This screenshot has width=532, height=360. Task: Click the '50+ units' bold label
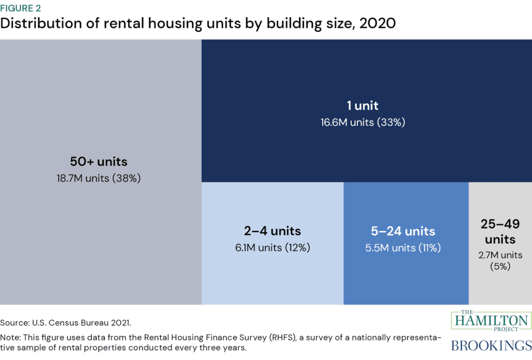point(99,161)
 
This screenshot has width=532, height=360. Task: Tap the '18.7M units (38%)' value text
point(99,178)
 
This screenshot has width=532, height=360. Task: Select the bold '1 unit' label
point(363,106)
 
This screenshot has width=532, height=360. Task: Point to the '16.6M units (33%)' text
point(363,123)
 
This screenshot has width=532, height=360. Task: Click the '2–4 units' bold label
point(272,231)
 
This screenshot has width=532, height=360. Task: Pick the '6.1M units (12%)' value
point(272,248)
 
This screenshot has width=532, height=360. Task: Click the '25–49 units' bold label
point(500,232)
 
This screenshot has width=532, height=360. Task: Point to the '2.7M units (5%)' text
point(500,260)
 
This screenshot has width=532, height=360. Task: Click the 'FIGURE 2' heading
point(21,8)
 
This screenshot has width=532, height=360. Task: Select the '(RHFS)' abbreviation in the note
point(281,337)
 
